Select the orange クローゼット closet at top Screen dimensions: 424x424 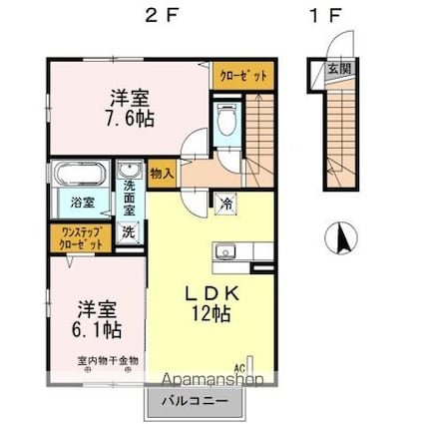237,75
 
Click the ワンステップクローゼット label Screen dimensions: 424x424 80,238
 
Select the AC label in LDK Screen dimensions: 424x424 239,366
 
